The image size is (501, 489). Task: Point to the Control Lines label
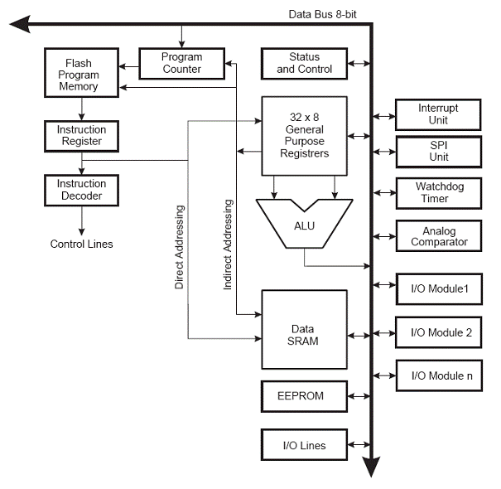tap(81, 244)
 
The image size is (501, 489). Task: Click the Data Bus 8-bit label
tap(322, 14)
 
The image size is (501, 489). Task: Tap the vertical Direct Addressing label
tap(179, 247)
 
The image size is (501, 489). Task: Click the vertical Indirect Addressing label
tap(228, 244)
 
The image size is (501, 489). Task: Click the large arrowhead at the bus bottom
tap(371, 467)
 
